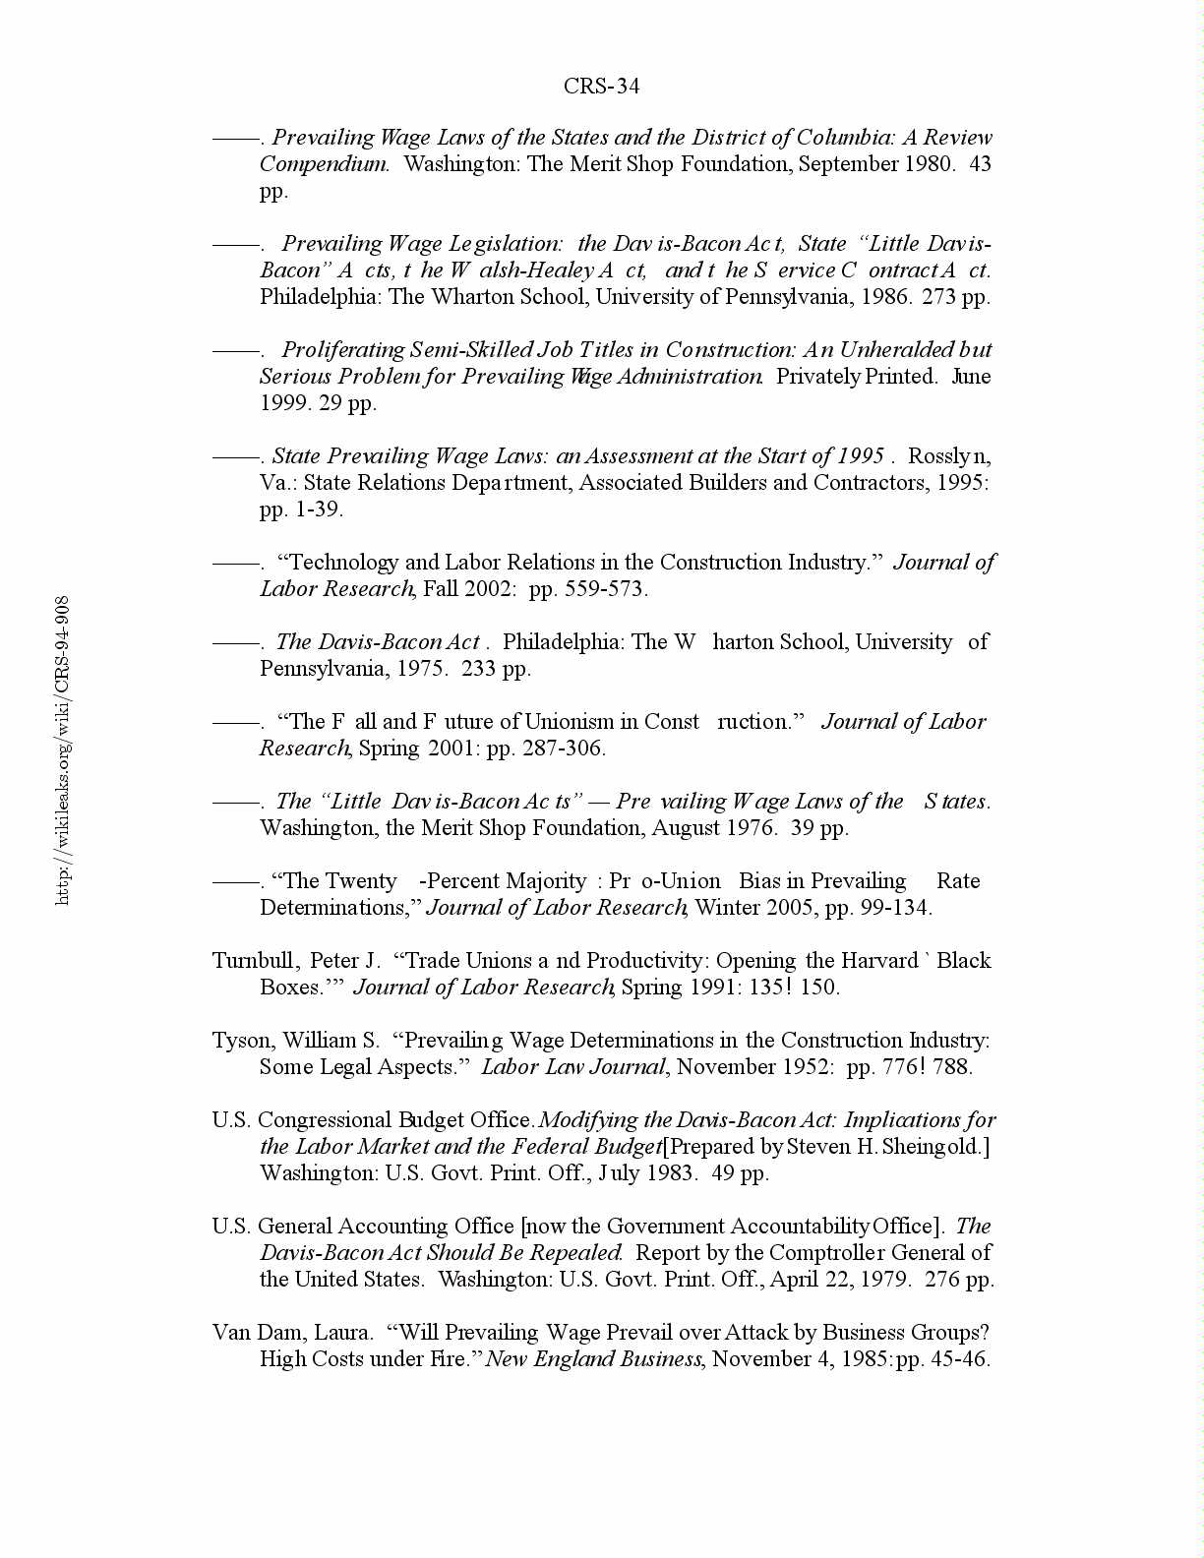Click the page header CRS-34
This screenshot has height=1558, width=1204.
[x=601, y=87]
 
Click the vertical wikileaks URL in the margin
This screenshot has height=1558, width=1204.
[x=63, y=749]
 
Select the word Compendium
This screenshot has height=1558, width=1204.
[x=324, y=164]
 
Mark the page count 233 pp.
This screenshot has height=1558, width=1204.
[x=496, y=669]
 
